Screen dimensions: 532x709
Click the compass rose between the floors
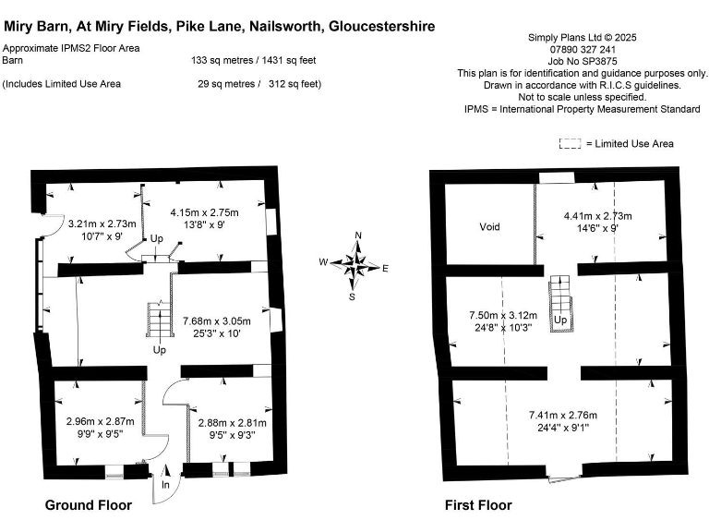[x=354, y=266]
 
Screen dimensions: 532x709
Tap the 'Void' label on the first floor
[x=489, y=226]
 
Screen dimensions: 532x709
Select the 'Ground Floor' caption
[x=89, y=504]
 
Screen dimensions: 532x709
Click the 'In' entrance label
[x=165, y=484]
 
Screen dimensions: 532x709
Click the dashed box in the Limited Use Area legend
[x=571, y=143]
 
